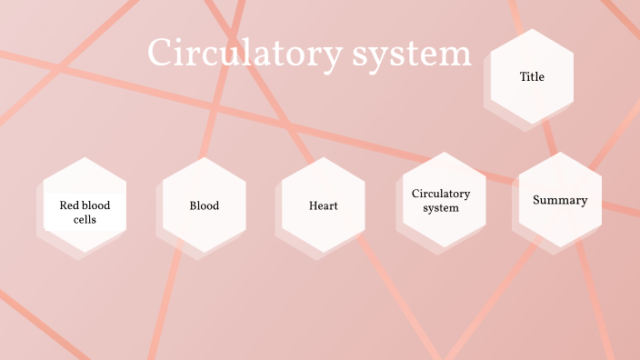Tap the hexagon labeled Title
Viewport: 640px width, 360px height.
pyautogui.click(x=532, y=77)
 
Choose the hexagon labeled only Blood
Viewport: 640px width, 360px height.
pyautogui.click(x=204, y=205)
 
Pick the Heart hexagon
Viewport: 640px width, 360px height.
pyautogui.click(x=323, y=205)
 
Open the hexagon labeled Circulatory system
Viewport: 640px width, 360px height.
pyautogui.click(x=441, y=200)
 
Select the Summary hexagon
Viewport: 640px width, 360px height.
pyautogui.click(x=560, y=200)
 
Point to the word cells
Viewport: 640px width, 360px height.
pyautogui.click(x=85, y=220)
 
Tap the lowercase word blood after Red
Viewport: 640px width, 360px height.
pyautogui.click(x=95, y=205)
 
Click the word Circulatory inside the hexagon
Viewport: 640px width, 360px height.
pyautogui.click(x=441, y=194)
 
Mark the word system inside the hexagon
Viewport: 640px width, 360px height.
pyautogui.click(x=441, y=208)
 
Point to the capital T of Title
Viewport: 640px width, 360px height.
pyautogui.click(x=523, y=77)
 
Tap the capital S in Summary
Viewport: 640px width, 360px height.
pyautogui.click(x=537, y=200)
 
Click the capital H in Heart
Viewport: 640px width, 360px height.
pyautogui.click(x=313, y=205)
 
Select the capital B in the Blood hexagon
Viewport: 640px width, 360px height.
pyautogui.click(x=193, y=205)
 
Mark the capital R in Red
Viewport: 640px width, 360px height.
pyautogui.click(x=63, y=205)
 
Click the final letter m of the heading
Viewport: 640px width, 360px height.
pyautogui.click(x=459, y=56)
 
